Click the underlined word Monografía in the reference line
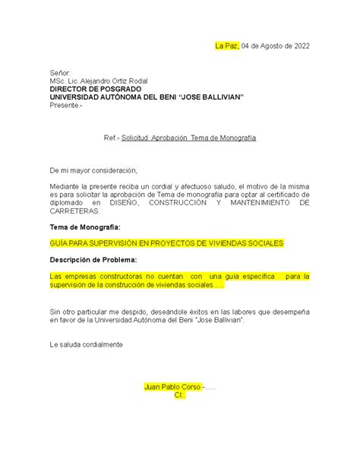pyautogui.click(x=237, y=138)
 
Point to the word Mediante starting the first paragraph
pyautogui.click(x=65, y=186)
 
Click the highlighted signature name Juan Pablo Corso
pyautogui.click(x=172, y=387)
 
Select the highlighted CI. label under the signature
pyautogui.click(x=179, y=395)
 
